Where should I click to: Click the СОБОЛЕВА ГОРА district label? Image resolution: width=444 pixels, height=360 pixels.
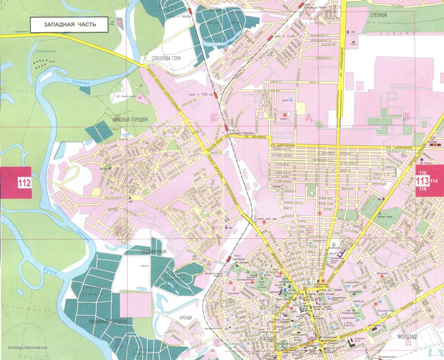[x=159, y=58]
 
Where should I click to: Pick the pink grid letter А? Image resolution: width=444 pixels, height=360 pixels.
[x=309, y=117]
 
